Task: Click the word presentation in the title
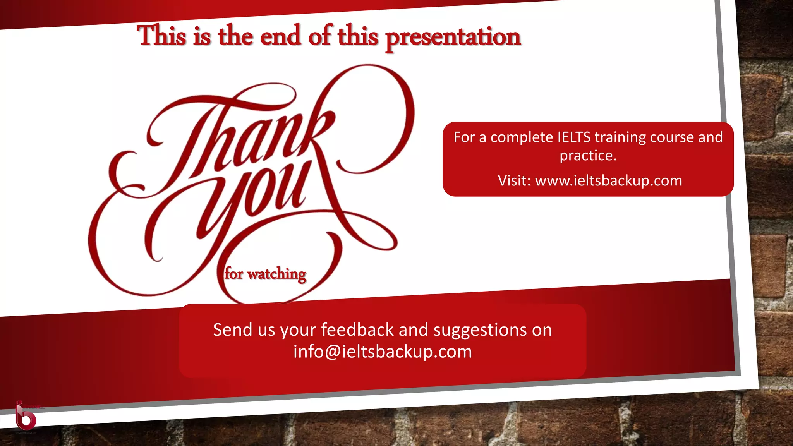[453, 37]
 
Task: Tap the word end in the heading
[280, 36]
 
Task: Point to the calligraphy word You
[256, 194]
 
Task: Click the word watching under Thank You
[276, 274]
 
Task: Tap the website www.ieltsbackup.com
[608, 181]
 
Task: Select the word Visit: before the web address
[514, 181]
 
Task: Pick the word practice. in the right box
[588, 156]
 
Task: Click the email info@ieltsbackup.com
[383, 352]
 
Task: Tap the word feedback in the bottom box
[357, 330]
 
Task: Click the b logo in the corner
[26, 416]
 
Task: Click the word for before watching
[234, 273]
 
